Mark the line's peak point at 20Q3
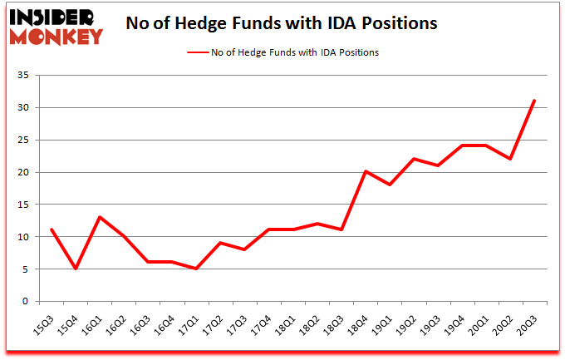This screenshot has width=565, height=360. (534, 101)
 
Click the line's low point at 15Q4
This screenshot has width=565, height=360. (76, 269)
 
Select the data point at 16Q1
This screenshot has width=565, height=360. (100, 217)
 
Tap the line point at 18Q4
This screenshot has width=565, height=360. (366, 171)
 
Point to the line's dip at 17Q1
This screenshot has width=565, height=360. (196, 269)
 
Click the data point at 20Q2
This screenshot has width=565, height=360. (510, 159)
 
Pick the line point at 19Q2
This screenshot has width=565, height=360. (414, 159)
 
